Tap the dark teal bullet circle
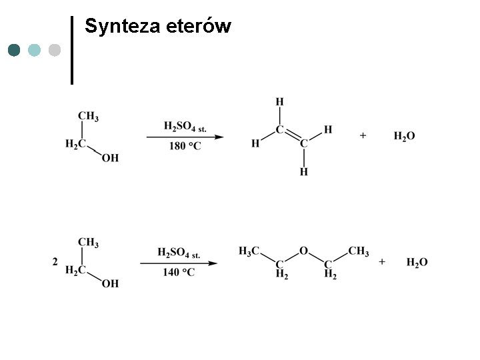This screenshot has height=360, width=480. [x=15, y=50]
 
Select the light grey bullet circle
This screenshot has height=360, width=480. [x=55, y=50]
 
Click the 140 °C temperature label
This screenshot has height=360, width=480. [x=178, y=273]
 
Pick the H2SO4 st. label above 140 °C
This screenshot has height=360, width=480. [x=179, y=253]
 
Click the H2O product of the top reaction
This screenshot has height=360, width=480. [x=404, y=136]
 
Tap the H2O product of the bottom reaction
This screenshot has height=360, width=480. [x=417, y=262]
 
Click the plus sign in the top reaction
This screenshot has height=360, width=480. [x=363, y=135]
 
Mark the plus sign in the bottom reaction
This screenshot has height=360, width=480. [x=382, y=262]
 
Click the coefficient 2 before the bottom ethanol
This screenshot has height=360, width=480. [x=55, y=263]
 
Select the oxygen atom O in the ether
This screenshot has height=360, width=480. [x=303, y=251]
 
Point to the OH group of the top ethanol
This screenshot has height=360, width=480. [x=110, y=158]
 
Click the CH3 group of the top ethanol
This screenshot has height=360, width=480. [x=88, y=117]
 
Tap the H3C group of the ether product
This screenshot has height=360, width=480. [x=249, y=251]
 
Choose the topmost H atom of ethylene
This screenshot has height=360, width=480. [x=279, y=102]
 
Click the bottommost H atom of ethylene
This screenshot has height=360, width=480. [x=303, y=172]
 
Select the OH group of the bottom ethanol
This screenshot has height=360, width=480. [x=110, y=283]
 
